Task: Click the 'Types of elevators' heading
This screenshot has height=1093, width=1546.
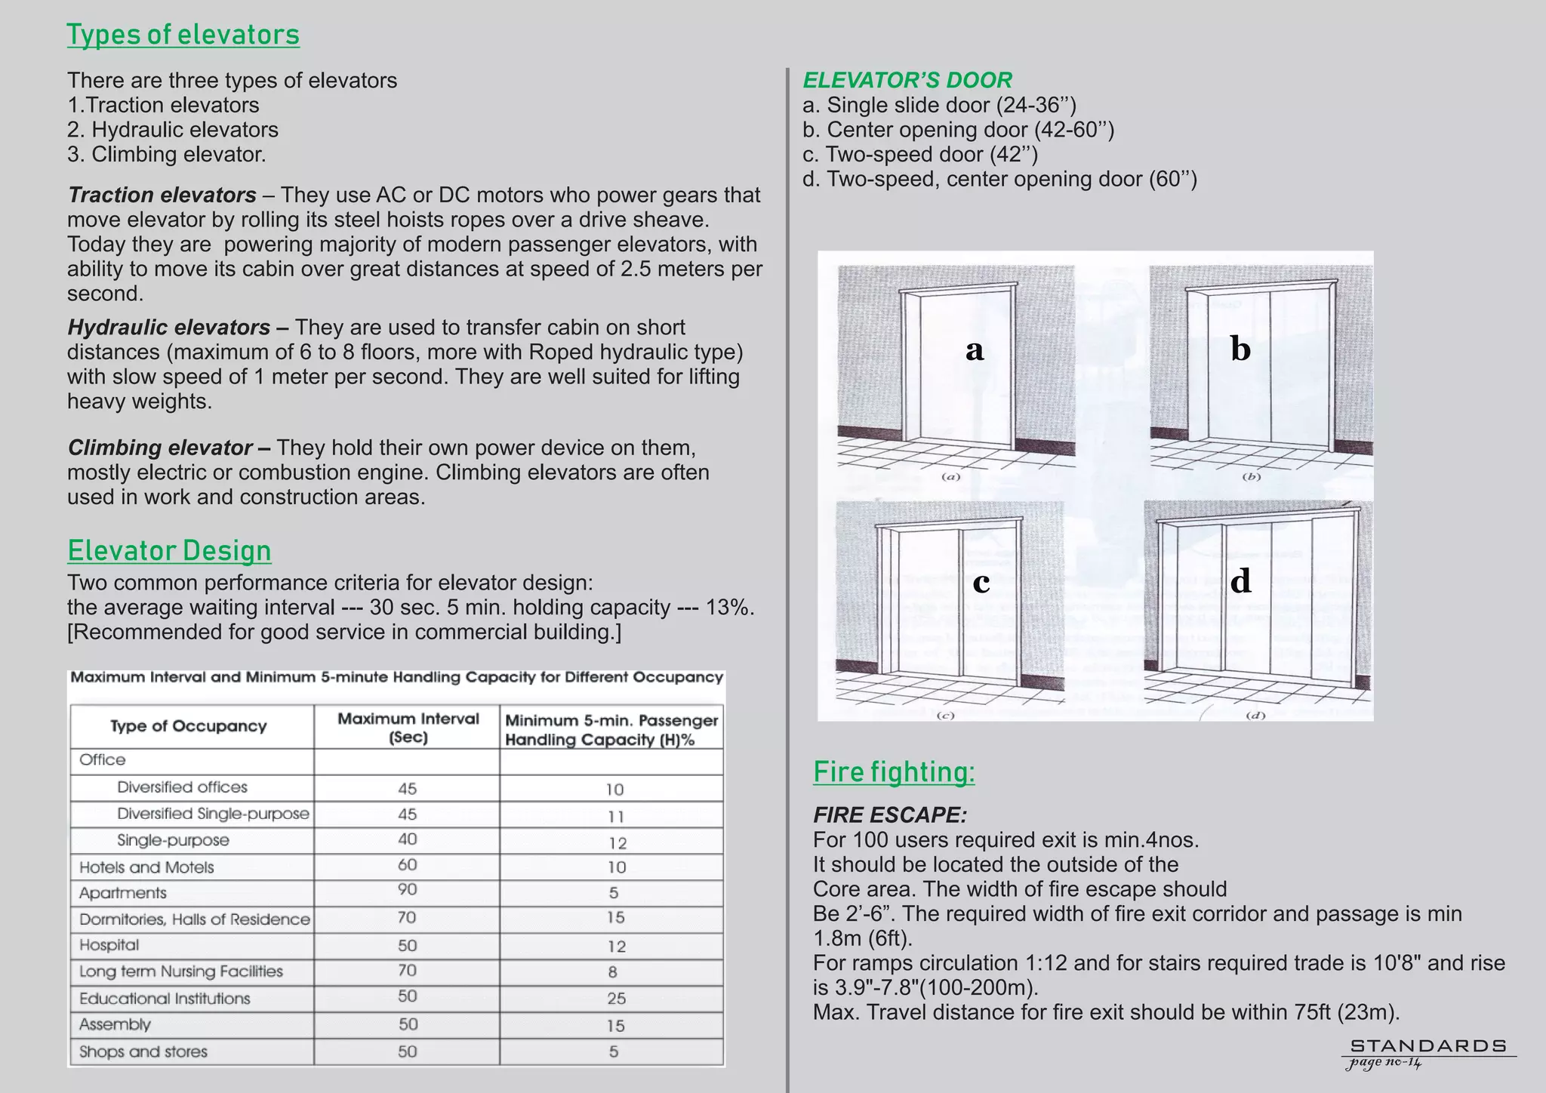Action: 183,35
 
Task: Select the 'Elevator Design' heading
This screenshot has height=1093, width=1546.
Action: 169,550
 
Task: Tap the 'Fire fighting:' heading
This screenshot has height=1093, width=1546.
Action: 894,771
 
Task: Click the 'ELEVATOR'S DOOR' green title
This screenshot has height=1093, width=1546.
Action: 907,80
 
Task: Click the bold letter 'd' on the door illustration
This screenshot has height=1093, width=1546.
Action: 1240,581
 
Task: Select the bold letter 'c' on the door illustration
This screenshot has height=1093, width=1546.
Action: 981,583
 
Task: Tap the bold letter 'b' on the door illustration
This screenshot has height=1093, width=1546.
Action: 1240,349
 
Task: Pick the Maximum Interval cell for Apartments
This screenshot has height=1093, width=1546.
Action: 407,890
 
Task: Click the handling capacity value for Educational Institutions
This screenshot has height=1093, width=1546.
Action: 616,998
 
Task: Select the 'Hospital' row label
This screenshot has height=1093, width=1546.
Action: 109,945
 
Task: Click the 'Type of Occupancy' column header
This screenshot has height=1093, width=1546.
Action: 189,726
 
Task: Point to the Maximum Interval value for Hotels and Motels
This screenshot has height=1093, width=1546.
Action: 407,865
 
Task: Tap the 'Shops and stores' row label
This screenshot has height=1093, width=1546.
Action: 143,1051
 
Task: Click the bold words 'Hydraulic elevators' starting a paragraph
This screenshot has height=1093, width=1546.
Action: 169,328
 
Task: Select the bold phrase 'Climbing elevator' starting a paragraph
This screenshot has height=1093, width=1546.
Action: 160,448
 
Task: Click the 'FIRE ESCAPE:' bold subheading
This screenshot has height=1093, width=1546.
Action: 889,815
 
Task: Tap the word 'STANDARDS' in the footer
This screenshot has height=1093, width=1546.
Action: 1428,1046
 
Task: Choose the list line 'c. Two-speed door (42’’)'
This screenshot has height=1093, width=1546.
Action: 920,154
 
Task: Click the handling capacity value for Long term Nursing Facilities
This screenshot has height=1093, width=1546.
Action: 612,972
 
